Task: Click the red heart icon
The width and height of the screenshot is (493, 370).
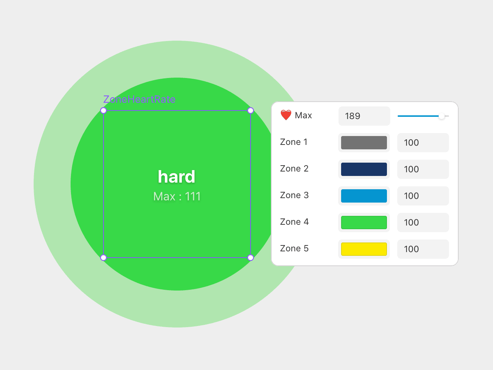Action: [286, 115]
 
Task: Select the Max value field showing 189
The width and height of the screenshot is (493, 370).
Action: [364, 116]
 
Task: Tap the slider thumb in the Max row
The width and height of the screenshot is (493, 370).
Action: [441, 116]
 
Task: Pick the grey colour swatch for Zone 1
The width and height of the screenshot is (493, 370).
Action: [364, 143]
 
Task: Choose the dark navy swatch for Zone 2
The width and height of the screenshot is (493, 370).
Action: [364, 169]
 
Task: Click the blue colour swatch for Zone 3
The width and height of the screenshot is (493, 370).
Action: [364, 196]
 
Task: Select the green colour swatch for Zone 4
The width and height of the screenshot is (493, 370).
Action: [364, 223]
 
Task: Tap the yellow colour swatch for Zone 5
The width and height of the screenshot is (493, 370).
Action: [364, 249]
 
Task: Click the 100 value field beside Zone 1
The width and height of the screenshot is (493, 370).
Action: [423, 143]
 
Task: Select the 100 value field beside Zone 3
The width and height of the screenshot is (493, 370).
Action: [423, 196]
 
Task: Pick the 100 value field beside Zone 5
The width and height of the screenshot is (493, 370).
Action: [423, 249]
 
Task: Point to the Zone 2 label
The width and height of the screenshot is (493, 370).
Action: [294, 169]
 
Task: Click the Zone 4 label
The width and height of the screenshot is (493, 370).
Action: [294, 222]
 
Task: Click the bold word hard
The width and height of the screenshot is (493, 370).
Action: [177, 177]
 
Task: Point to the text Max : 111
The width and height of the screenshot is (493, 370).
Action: [177, 196]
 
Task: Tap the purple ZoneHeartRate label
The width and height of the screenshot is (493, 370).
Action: [139, 99]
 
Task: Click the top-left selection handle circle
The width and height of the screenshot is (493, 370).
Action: [103, 111]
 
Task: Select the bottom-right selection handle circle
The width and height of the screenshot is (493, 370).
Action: [251, 258]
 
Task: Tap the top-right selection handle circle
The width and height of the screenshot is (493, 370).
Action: [251, 111]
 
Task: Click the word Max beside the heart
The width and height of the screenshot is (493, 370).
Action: [303, 115]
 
